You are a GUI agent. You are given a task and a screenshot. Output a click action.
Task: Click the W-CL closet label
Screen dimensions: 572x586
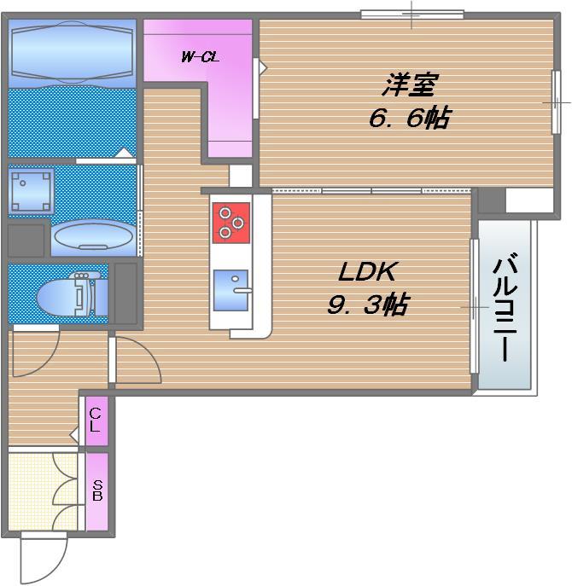pyautogui.click(x=200, y=57)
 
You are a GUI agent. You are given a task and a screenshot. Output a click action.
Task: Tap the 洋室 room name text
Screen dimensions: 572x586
pyautogui.click(x=409, y=84)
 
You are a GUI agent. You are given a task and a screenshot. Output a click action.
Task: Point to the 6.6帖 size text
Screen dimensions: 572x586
pyautogui.click(x=410, y=118)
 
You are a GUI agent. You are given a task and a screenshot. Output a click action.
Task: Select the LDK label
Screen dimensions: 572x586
pyautogui.click(x=366, y=272)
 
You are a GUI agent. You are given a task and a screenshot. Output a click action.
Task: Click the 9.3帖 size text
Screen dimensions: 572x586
pyautogui.click(x=368, y=305)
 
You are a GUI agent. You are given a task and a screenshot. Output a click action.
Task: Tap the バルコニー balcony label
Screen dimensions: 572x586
pyautogui.click(x=505, y=307)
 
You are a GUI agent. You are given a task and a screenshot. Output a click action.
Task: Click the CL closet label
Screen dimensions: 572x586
pyautogui.click(x=96, y=421)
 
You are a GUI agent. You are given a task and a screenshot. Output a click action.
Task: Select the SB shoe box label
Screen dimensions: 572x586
pyautogui.click(x=97, y=490)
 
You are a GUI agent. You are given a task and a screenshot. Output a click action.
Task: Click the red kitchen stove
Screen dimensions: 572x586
pyautogui.click(x=231, y=223)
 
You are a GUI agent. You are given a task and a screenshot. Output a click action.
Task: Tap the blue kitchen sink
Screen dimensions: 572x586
pyautogui.click(x=231, y=290)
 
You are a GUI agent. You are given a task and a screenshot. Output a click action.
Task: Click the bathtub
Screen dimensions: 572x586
pyautogui.click(x=73, y=51)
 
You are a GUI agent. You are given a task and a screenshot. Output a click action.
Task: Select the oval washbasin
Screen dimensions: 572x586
pyautogui.click(x=94, y=238)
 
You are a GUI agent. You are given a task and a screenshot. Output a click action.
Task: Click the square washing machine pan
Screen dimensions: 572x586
pyautogui.click(x=31, y=191)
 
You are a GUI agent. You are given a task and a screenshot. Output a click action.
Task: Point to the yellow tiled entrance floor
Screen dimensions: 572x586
pyautogui.click(x=43, y=491)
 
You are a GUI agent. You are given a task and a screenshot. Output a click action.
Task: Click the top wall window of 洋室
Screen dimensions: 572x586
pyautogui.click(x=412, y=15)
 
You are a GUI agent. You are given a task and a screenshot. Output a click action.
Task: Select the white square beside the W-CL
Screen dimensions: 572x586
pyautogui.click(x=241, y=176)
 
